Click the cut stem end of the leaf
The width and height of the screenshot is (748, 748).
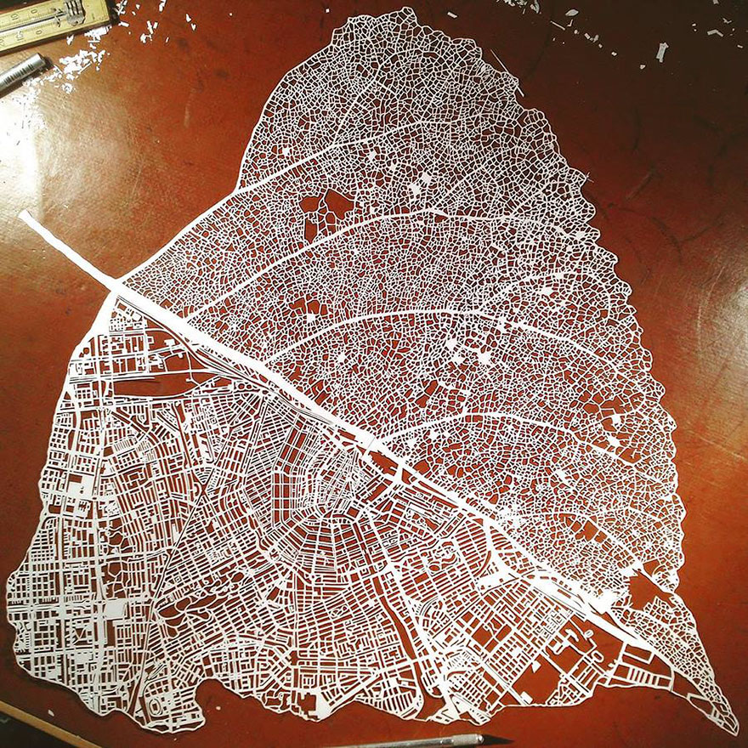[26, 218]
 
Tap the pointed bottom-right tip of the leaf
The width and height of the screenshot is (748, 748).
[734, 728]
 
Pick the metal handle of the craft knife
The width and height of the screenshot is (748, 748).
[408, 743]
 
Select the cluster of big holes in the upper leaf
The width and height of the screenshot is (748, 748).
[327, 208]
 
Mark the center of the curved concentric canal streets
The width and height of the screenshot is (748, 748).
[336, 476]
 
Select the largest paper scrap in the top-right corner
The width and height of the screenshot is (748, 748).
[661, 51]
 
